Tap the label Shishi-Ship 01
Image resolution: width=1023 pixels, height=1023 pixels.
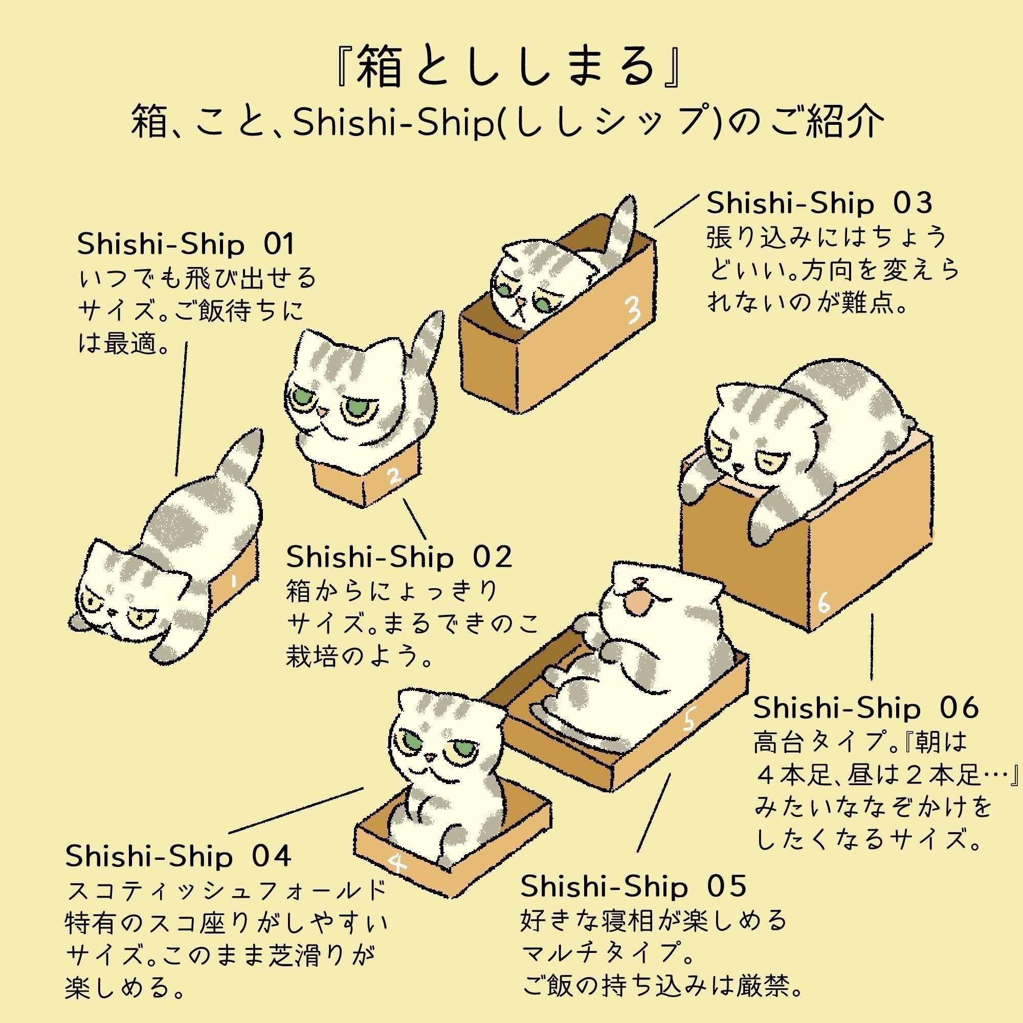coord(186,244)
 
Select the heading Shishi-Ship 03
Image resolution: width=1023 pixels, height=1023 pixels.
coord(819,204)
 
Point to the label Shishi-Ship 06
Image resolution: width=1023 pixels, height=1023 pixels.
coord(866,708)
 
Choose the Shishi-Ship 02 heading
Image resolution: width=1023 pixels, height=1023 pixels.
coord(399,557)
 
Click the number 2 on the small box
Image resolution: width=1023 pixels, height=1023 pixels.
coord(393,478)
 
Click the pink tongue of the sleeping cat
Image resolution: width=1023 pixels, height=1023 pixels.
coord(639,602)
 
